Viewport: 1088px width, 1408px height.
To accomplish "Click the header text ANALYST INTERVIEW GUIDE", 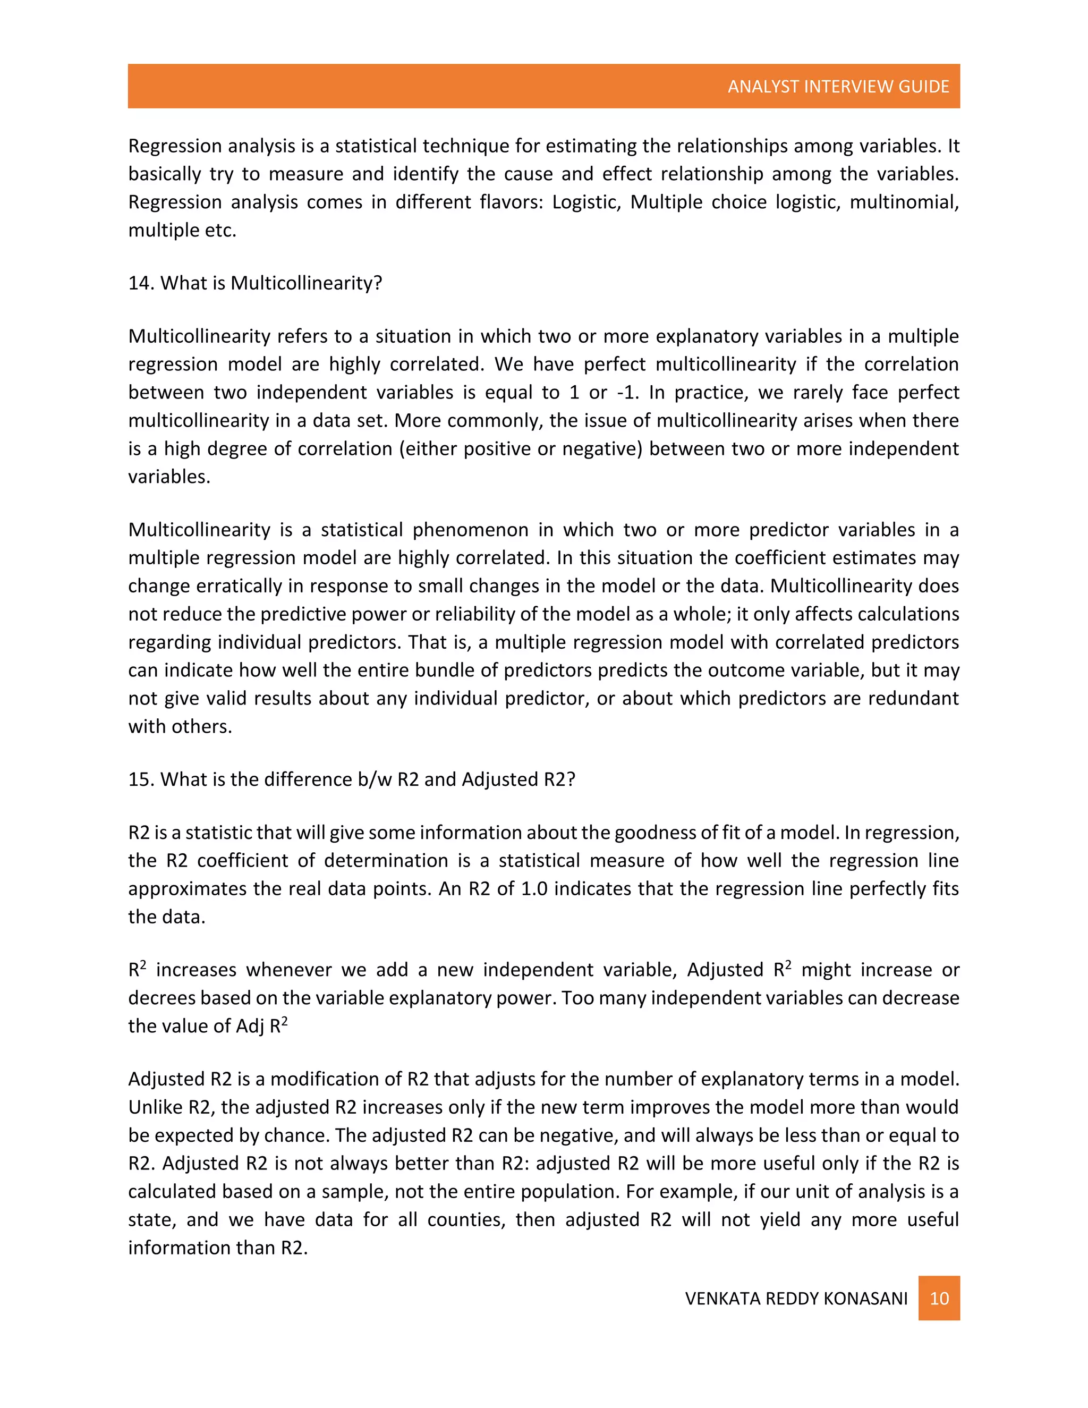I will [838, 87].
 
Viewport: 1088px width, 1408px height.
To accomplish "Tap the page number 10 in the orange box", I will [939, 1298].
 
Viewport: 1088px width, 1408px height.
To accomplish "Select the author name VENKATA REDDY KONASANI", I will [796, 1299].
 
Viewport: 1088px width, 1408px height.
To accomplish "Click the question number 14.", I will [139, 283].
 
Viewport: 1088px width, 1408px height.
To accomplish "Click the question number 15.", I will [139, 779].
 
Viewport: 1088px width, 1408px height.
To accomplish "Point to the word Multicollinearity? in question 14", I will [307, 283].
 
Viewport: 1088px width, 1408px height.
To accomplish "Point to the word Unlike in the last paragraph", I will [155, 1107].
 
